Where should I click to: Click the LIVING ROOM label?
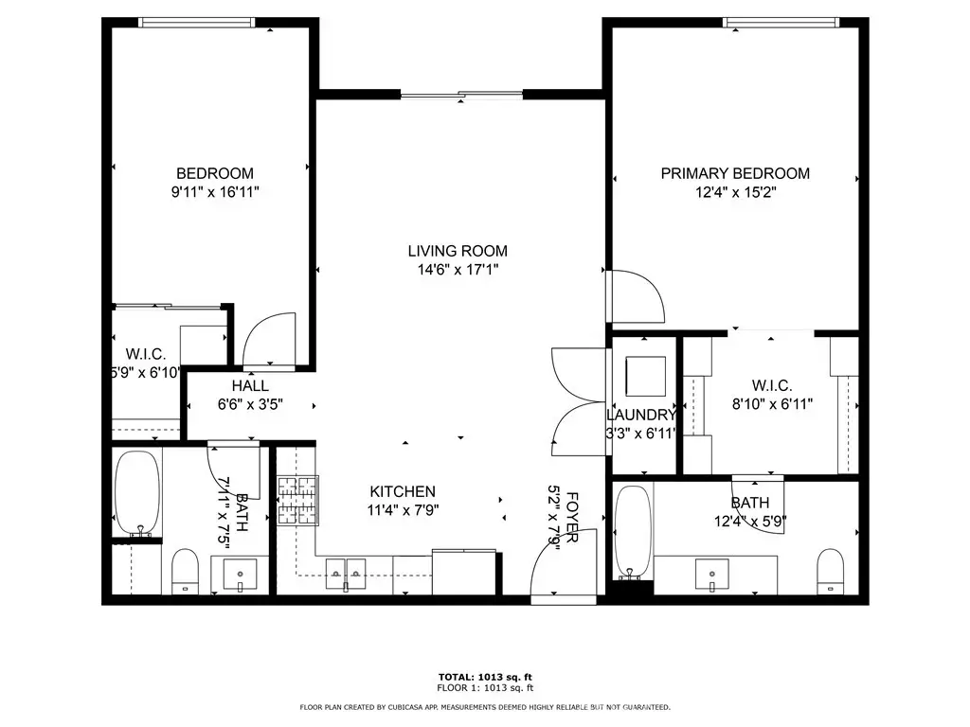pos(458,251)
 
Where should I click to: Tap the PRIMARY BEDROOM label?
pos(735,174)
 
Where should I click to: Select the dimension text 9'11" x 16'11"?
pos(215,192)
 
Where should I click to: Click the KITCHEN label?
pos(403,491)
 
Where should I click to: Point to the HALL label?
pos(250,386)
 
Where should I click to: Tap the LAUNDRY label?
pos(641,415)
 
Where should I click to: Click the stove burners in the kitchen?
pos(297,500)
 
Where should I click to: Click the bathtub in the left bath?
pos(137,493)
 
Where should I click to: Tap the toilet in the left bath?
pos(185,571)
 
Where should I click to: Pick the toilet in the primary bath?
pos(830,571)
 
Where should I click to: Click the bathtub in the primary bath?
pos(634,532)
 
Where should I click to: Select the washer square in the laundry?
pos(646,376)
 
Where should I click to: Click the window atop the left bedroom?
pos(197,23)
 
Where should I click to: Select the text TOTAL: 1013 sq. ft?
pos(485,677)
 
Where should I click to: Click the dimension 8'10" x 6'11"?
pos(772,404)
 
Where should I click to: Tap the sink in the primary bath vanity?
pos(712,575)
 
